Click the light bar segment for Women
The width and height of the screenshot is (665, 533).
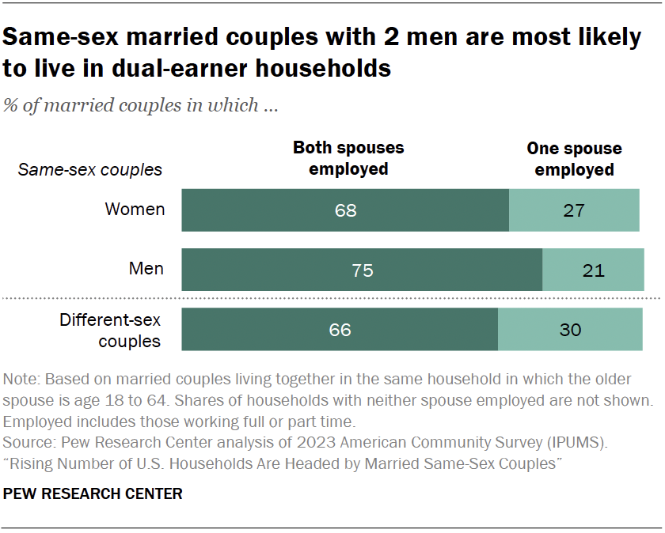pos(574,210)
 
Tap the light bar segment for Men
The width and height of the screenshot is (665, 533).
pos(593,270)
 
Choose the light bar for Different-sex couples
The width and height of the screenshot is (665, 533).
pos(570,330)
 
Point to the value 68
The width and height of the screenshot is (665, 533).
pos(346,210)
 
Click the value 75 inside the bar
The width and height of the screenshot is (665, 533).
pos(362,270)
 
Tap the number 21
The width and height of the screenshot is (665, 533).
pos(593,270)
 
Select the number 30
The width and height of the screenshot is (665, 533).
pos(570,330)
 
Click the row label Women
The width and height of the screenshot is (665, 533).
pos(135,210)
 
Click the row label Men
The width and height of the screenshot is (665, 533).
pos(146,269)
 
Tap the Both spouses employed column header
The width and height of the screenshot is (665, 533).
pos(348,158)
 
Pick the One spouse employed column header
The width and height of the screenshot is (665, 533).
pos(574,159)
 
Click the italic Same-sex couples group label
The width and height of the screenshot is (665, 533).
pos(90,169)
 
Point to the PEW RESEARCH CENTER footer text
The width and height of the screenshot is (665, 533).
pos(93,494)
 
